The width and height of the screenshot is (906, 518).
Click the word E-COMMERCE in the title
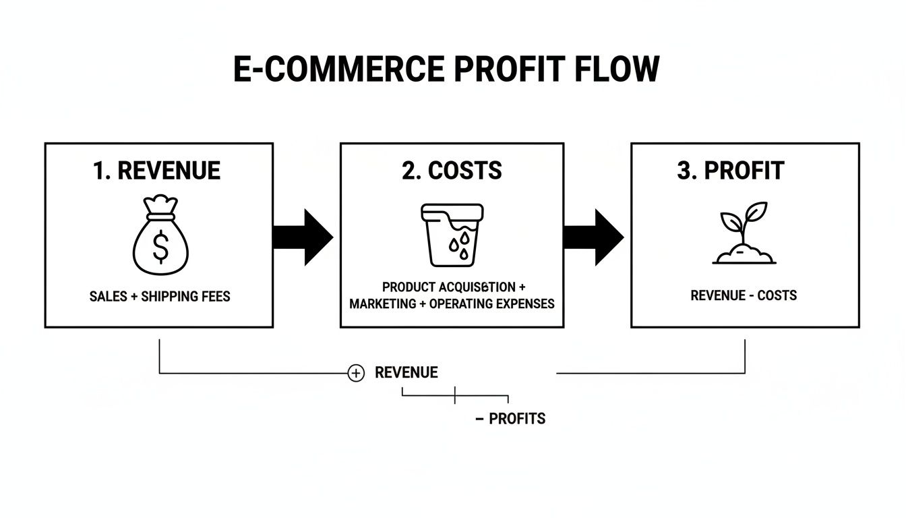(x=339, y=69)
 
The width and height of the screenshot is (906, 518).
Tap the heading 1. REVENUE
(x=157, y=171)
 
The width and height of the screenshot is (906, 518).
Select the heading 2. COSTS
(x=452, y=171)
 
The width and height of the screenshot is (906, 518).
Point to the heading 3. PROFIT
(x=731, y=171)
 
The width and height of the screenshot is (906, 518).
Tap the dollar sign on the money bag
(x=160, y=246)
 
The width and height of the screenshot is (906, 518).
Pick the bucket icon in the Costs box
(x=452, y=234)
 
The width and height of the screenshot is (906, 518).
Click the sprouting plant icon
(x=744, y=233)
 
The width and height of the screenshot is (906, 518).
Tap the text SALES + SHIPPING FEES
(x=160, y=296)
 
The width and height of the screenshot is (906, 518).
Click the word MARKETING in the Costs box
(x=382, y=304)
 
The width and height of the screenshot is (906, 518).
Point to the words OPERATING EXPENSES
(x=491, y=304)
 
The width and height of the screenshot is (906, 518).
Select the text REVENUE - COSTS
(x=744, y=295)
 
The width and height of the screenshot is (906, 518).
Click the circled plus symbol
(x=356, y=373)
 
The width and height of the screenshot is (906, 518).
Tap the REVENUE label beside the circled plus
(x=406, y=372)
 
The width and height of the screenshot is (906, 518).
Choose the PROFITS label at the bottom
(x=517, y=419)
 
